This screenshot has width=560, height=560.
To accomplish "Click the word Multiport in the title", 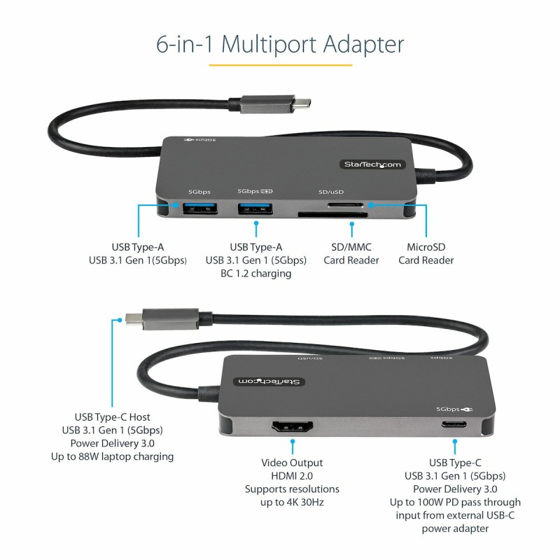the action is [269, 45].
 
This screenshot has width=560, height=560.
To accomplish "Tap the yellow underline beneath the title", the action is [281, 65].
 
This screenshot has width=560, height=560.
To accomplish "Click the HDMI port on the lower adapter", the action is [293, 427].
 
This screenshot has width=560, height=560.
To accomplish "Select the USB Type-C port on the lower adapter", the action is [454, 425].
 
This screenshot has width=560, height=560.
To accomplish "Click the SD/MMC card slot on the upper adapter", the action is [333, 215].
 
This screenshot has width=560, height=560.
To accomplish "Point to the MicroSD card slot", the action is [345, 205].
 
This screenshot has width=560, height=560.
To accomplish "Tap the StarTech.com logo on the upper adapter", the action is [372, 164].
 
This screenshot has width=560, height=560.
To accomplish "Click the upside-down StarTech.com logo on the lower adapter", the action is [269, 381].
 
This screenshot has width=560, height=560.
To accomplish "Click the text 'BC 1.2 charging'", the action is [256, 274].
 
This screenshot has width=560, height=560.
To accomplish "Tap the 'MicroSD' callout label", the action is [426, 247].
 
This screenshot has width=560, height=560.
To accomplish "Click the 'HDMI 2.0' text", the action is [292, 476].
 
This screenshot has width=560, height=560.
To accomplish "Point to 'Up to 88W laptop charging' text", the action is [112, 457].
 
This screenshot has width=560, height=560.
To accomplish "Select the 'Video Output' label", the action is [292, 463].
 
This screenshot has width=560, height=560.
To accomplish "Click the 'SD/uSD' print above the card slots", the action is [331, 192].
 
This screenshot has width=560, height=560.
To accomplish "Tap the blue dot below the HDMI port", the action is [293, 442].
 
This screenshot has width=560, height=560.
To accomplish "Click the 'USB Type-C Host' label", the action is [112, 417].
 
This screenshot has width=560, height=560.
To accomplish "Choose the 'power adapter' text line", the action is [455, 529].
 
